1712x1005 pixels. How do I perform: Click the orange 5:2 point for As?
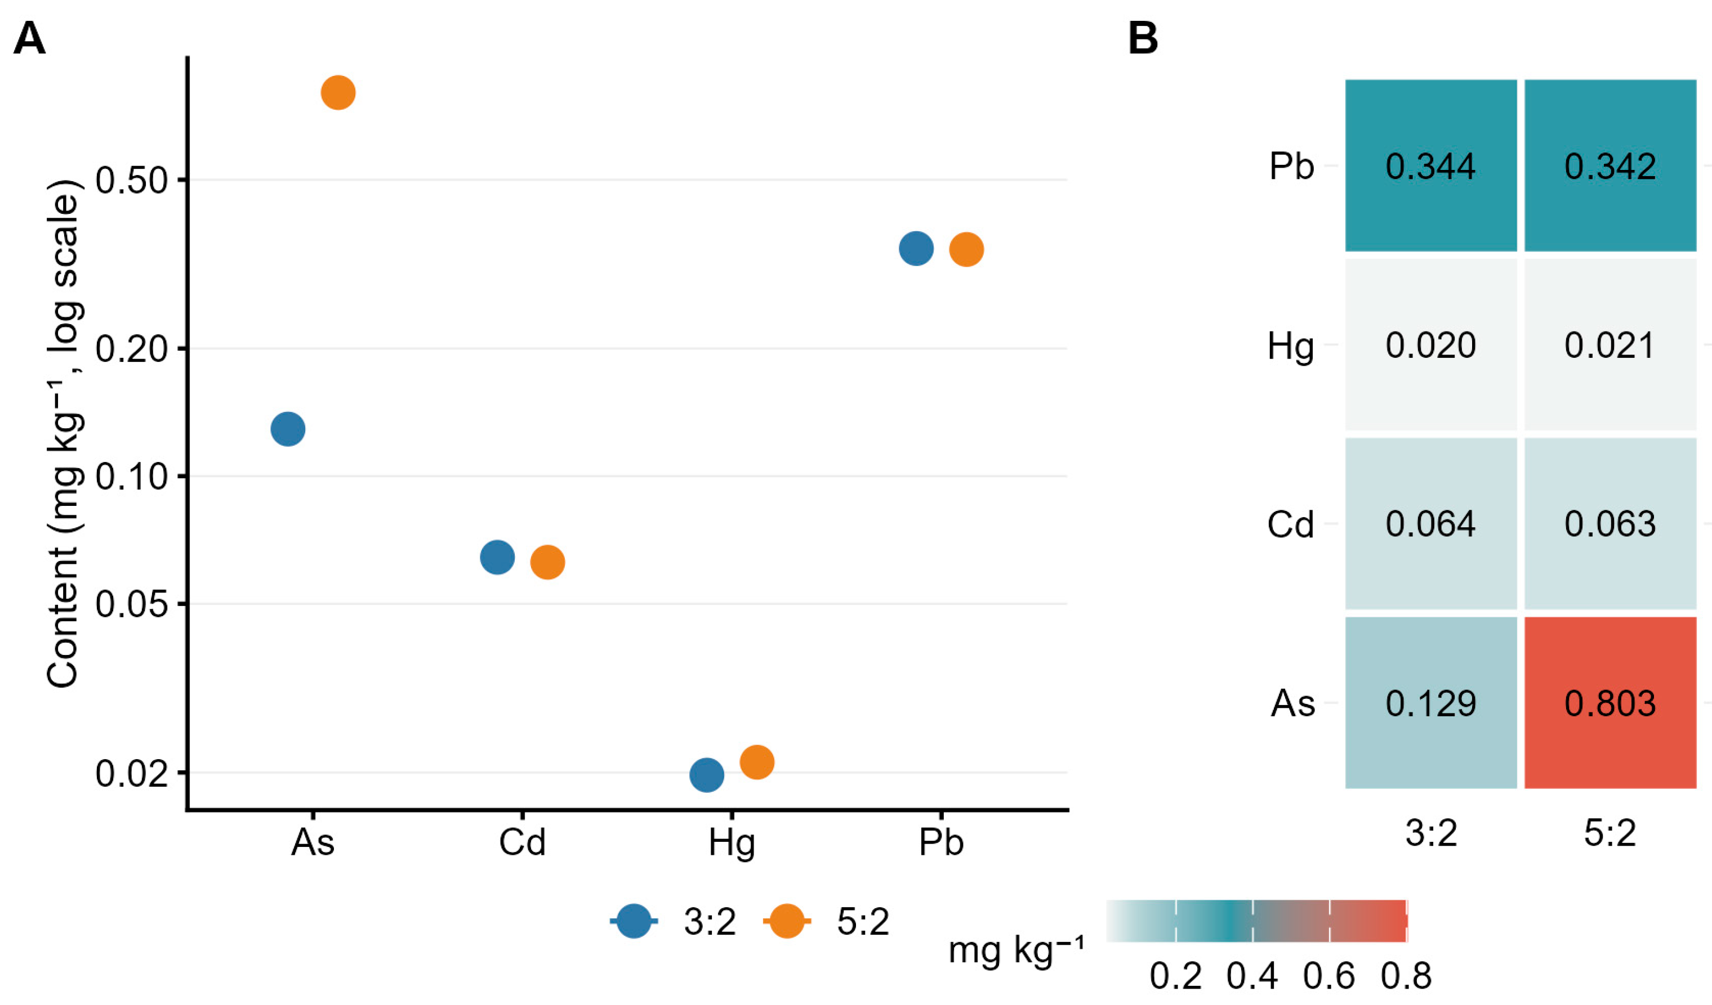click(x=338, y=92)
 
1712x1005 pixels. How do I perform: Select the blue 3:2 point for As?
click(x=287, y=428)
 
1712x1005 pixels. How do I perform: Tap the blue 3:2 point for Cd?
click(x=497, y=557)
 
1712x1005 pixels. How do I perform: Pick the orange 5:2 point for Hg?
click(x=757, y=762)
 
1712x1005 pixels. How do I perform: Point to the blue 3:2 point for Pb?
click(x=916, y=249)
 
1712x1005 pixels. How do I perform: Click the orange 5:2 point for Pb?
click(x=966, y=250)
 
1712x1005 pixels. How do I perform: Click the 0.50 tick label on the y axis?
click(x=131, y=181)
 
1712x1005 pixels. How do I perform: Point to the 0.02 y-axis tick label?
click(x=131, y=773)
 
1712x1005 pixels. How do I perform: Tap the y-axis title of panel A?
click(x=65, y=434)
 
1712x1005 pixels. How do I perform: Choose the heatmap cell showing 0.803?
click(x=1610, y=703)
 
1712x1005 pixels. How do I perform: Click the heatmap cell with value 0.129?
click(x=1431, y=703)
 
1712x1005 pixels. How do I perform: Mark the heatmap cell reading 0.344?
click(x=1431, y=165)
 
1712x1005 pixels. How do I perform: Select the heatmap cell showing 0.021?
click(x=1610, y=345)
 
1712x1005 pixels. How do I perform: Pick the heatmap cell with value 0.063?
click(x=1610, y=523)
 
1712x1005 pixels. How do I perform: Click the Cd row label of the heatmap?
click(x=1291, y=524)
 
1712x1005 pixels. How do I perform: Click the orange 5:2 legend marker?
click(x=787, y=922)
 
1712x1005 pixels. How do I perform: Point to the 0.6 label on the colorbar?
click(x=1329, y=976)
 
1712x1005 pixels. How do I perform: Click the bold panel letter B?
click(x=1143, y=38)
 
